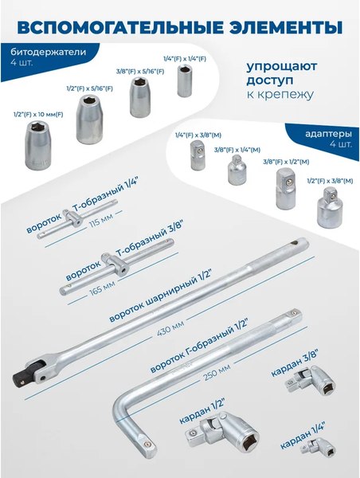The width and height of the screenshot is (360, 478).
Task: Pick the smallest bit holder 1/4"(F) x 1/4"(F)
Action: click(185, 81)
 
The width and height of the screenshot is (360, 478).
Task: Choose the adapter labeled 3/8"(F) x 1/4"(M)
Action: click(235, 170)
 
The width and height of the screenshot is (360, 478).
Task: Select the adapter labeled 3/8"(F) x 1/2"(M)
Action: click(284, 182)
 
